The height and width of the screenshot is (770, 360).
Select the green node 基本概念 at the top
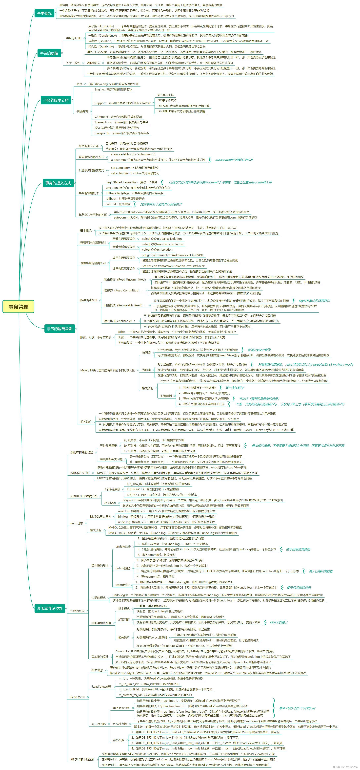44,13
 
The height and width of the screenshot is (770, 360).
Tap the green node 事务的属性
49,53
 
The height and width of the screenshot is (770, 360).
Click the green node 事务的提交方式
58,183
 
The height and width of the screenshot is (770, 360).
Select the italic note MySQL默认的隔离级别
314,301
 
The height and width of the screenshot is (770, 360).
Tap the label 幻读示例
166,396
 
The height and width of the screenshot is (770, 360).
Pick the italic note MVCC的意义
279,622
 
